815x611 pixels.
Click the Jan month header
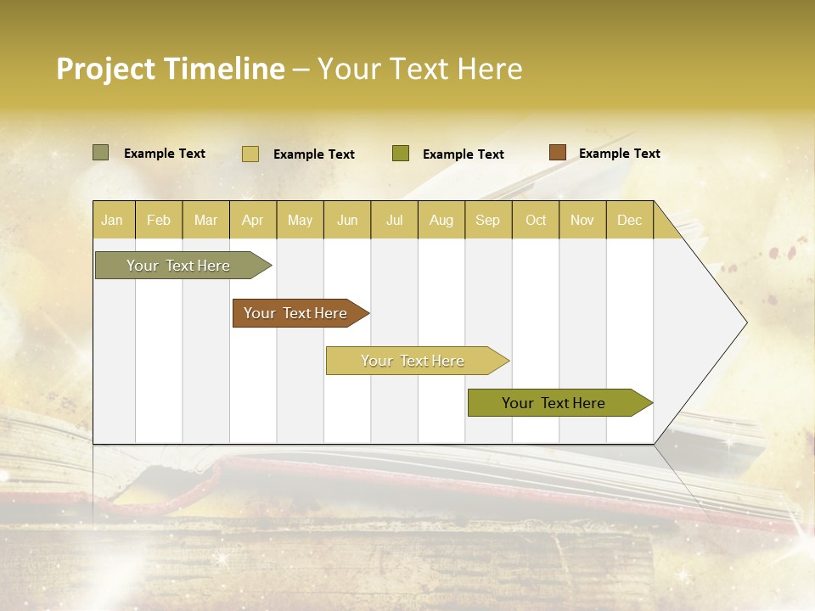tap(112, 220)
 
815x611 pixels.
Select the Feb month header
tap(159, 220)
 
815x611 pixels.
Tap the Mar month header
tap(205, 220)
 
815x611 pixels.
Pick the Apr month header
tap(252, 220)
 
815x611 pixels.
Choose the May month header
tap(300, 220)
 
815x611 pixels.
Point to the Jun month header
tap(347, 220)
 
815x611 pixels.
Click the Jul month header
tap(394, 220)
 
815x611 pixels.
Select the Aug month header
tap(441, 220)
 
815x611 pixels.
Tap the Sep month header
tap(488, 220)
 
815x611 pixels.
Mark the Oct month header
tap(536, 220)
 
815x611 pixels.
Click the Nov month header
tap(582, 220)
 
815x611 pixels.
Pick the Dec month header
tap(629, 220)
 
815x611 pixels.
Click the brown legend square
tap(557, 153)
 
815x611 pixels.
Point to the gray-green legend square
tap(100, 153)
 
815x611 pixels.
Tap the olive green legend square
tap(401, 154)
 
